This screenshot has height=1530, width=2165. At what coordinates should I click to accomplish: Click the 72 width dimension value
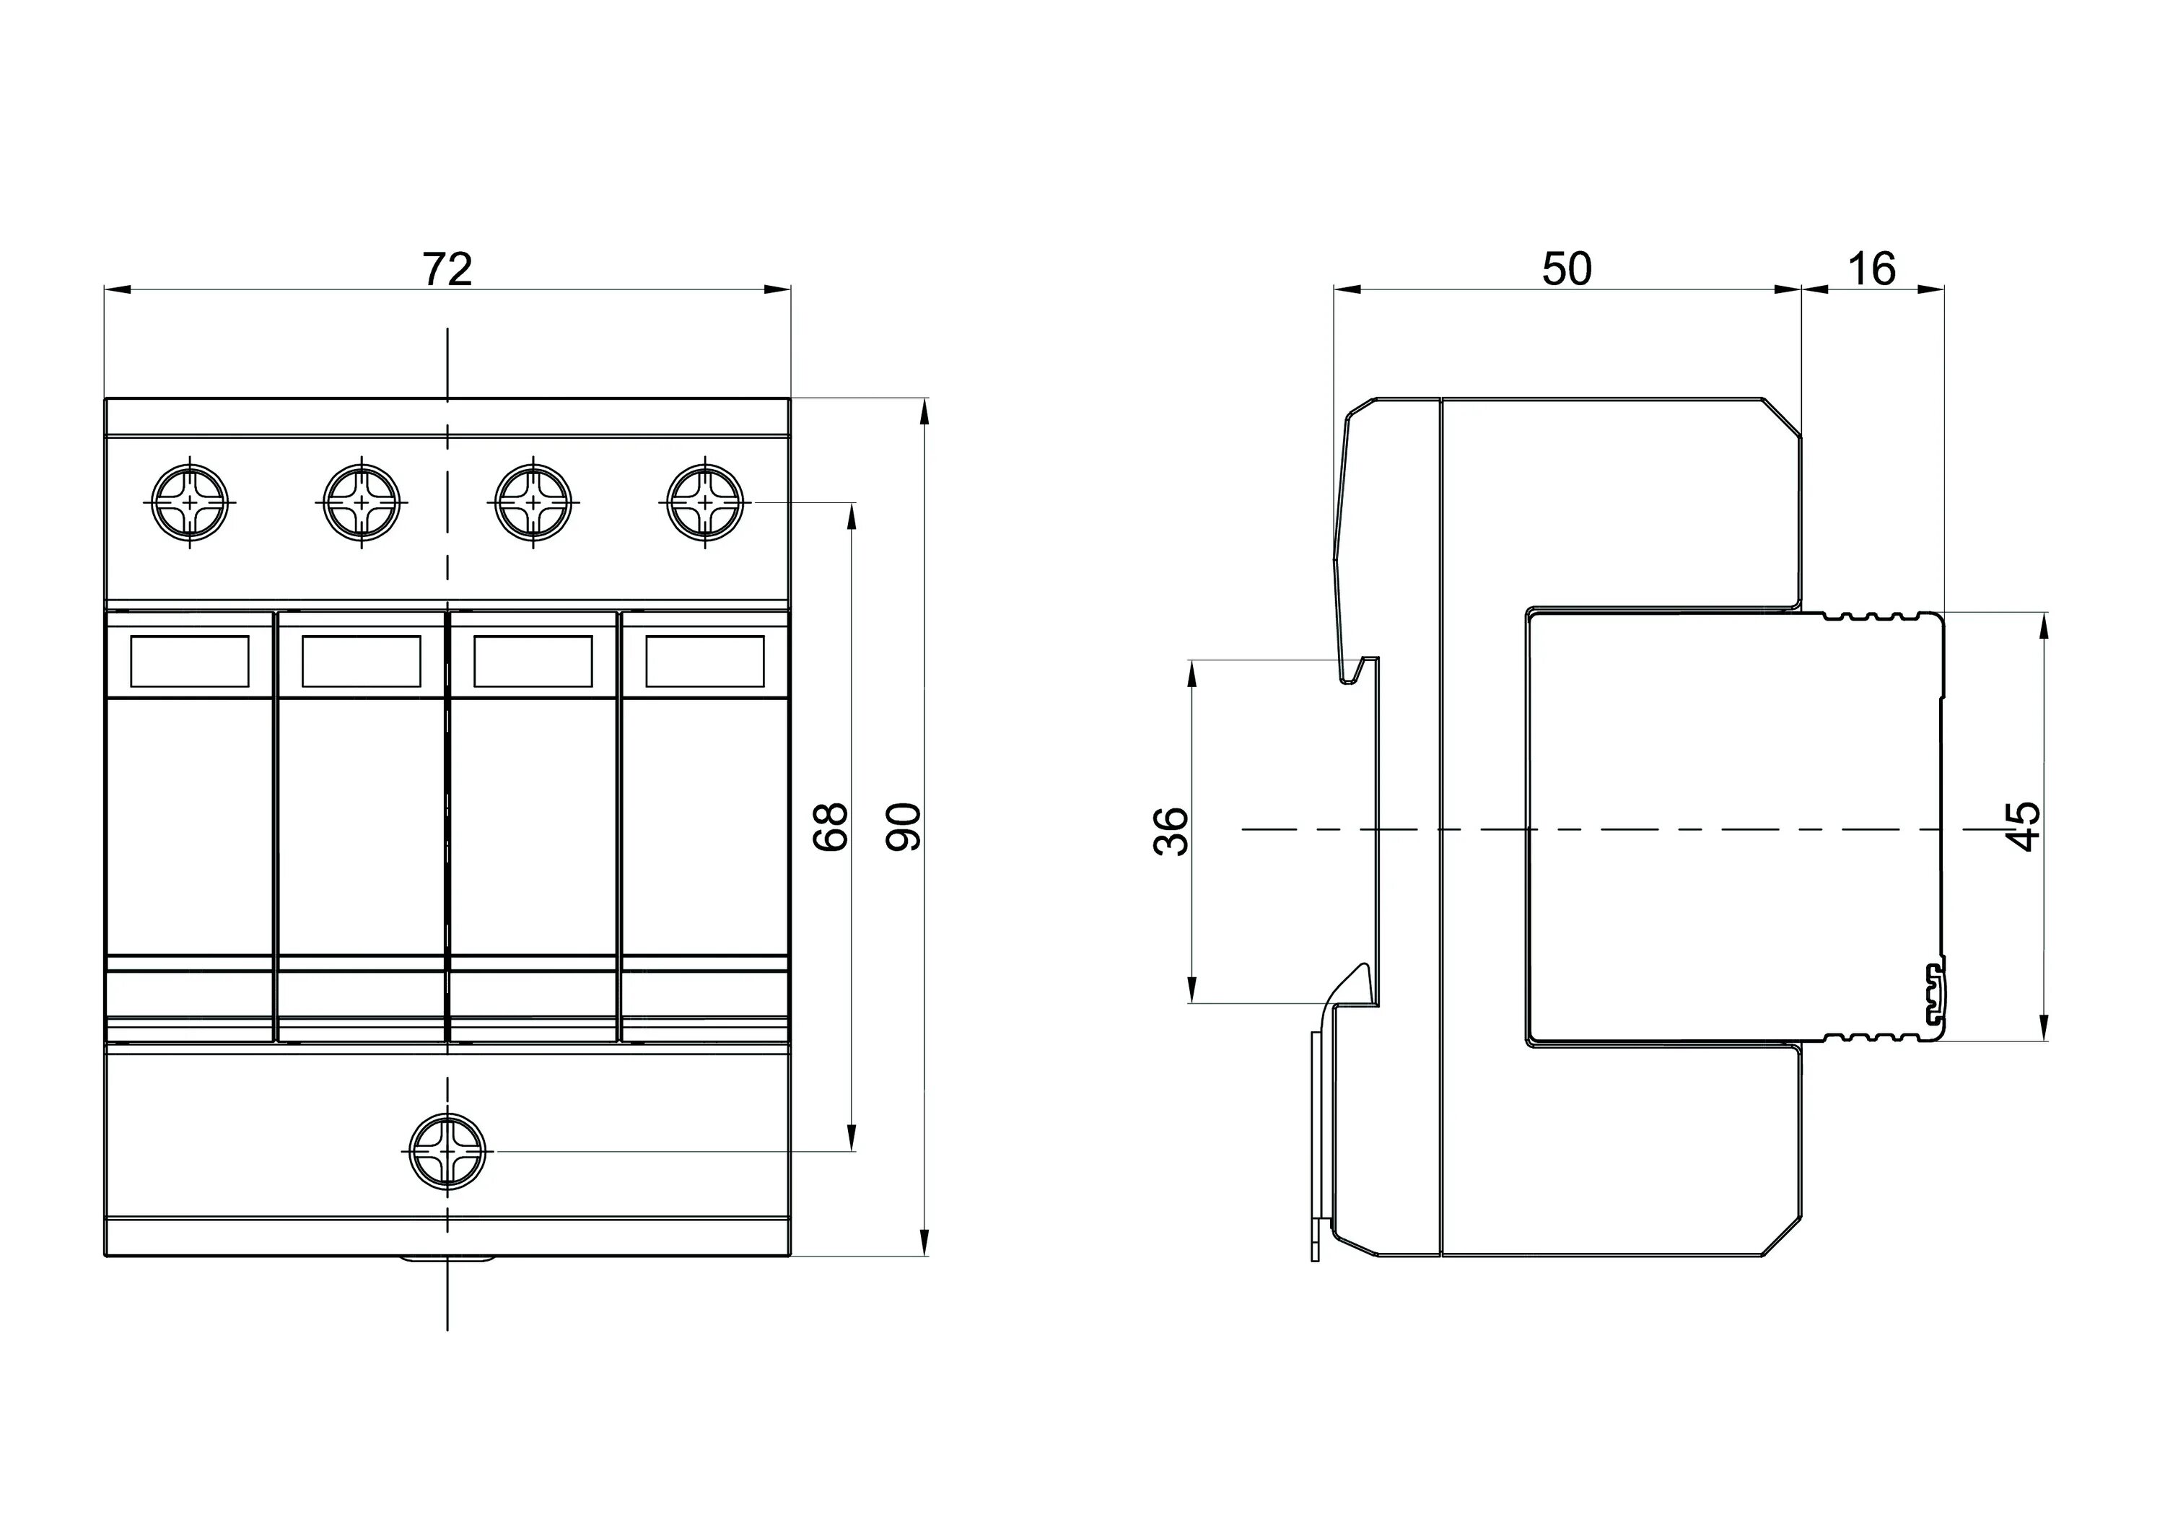pos(447,270)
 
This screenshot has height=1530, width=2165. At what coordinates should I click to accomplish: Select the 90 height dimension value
pos(905,827)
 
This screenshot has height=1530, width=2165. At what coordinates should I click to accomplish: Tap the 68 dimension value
pos(831,827)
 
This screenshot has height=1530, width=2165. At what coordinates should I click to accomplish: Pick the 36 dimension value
pos(1171,829)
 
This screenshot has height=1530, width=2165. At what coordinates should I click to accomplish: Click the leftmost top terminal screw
pos(190,502)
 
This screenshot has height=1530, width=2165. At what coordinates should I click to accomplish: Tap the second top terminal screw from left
pos(361,502)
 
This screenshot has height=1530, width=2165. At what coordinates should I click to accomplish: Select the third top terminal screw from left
pos(534,502)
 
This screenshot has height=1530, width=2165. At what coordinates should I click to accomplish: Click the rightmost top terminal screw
pos(704,502)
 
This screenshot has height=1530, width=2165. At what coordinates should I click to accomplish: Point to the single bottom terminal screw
pos(448,1151)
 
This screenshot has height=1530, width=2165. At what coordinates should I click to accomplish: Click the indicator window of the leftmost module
pos(190,661)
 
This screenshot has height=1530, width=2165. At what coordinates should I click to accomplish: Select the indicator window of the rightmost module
pos(704,661)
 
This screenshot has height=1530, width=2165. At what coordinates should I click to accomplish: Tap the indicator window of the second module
pos(361,661)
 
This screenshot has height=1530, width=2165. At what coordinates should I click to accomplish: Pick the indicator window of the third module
pos(534,661)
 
